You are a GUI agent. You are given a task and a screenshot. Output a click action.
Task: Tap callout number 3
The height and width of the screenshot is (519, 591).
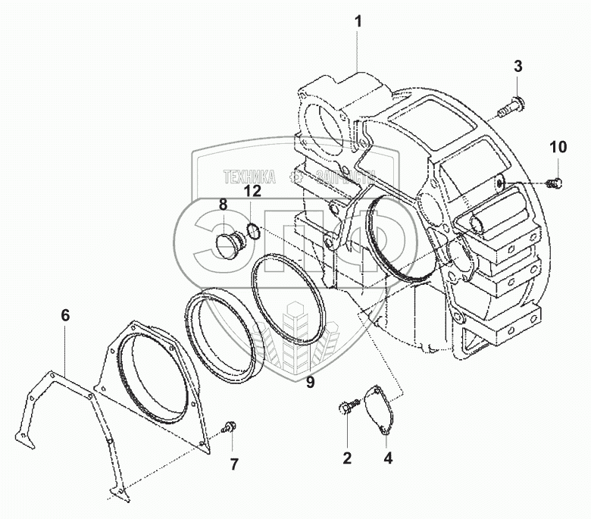[x=518, y=66]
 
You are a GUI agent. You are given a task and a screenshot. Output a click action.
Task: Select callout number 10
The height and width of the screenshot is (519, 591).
[x=558, y=147]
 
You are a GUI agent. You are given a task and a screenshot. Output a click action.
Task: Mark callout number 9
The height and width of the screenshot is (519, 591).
[x=311, y=382]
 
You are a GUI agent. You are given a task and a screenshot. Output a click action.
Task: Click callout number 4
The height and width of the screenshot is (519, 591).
[x=387, y=457]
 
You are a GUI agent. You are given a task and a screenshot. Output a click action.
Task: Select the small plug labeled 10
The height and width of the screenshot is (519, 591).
[x=555, y=181]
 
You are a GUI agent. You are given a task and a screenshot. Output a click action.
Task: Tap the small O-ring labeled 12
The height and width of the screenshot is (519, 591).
[x=254, y=230]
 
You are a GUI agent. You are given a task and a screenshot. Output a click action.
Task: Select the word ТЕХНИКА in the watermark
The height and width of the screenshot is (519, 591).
[x=249, y=177]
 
